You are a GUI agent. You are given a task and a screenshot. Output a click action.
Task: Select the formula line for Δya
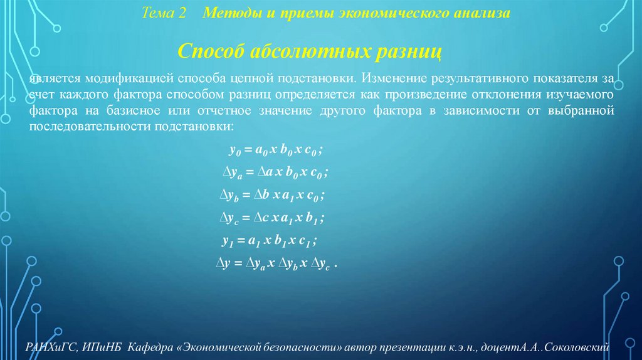276,172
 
